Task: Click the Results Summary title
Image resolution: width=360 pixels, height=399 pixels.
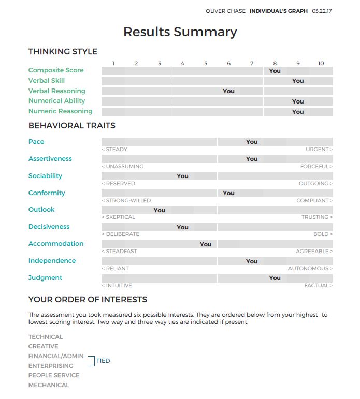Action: click(x=180, y=32)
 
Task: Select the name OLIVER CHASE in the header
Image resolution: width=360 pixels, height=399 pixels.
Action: click(x=225, y=11)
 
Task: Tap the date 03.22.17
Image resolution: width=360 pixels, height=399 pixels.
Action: click(x=322, y=11)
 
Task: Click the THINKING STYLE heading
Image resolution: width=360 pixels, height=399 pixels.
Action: click(x=63, y=51)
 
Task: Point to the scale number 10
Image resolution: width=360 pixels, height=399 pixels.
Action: click(x=321, y=63)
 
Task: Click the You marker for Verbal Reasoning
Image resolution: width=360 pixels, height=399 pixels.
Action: click(x=228, y=91)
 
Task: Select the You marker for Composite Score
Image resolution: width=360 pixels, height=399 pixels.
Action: click(x=275, y=71)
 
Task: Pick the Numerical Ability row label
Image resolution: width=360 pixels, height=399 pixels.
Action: click(x=56, y=101)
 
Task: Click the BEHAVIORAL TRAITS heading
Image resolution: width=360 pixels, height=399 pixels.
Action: click(x=71, y=125)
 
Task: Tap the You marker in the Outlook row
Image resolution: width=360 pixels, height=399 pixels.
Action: click(x=159, y=210)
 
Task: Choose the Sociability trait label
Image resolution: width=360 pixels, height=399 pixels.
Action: click(x=45, y=176)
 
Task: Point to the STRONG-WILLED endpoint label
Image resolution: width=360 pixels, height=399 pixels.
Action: click(x=126, y=200)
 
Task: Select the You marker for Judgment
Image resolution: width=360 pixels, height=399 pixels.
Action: click(x=275, y=278)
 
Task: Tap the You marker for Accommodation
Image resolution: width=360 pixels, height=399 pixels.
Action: click(x=205, y=244)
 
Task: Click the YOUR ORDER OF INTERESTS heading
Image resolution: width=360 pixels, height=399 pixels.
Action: click(x=88, y=299)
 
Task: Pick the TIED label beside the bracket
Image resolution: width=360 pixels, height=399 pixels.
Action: click(x=103, y=361)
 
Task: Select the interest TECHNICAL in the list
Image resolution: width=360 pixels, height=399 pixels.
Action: click(x=46, y=337)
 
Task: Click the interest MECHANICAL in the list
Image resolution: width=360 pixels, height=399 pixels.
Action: click(x=49, y=385)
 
